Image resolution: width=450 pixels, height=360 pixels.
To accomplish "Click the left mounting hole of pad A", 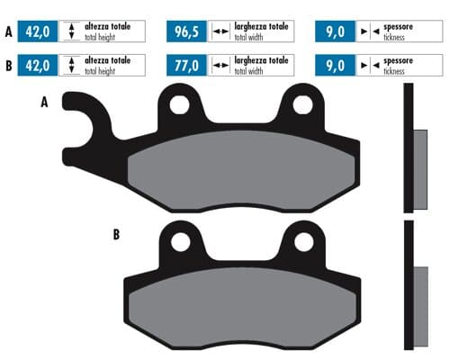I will pos(179,106).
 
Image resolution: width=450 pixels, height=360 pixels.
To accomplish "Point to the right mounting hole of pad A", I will pos(301,106).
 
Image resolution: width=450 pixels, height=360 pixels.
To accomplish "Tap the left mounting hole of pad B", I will pos(182,241).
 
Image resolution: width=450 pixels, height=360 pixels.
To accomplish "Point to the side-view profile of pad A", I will pos(413,148).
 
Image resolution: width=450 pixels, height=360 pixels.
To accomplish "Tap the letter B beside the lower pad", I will pos(116,235).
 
